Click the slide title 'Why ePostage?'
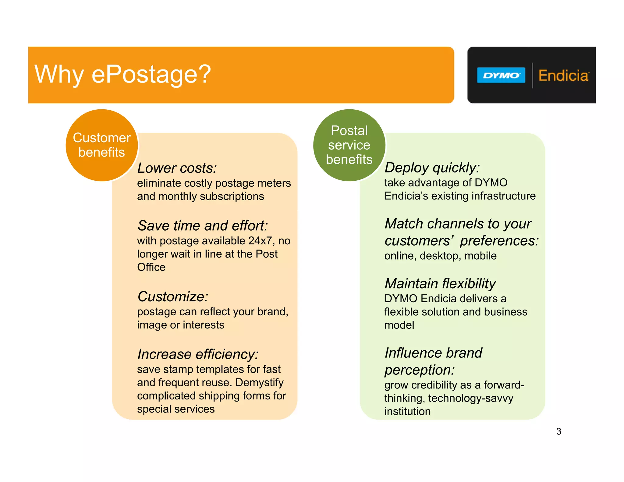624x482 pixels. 122,74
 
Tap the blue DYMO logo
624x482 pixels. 501,75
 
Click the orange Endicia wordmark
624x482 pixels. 563,76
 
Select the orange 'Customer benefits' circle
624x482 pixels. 102,145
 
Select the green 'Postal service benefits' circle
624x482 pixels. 349,145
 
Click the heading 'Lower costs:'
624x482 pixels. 177,168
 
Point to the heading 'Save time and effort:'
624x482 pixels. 203,226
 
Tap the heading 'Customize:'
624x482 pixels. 173,296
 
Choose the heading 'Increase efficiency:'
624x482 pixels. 198,354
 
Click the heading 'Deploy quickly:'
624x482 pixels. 432,168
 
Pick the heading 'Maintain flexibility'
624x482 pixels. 440,284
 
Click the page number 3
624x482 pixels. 558,431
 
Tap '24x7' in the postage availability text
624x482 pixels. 260,241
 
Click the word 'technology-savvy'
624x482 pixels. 470,398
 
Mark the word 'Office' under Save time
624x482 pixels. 151,267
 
